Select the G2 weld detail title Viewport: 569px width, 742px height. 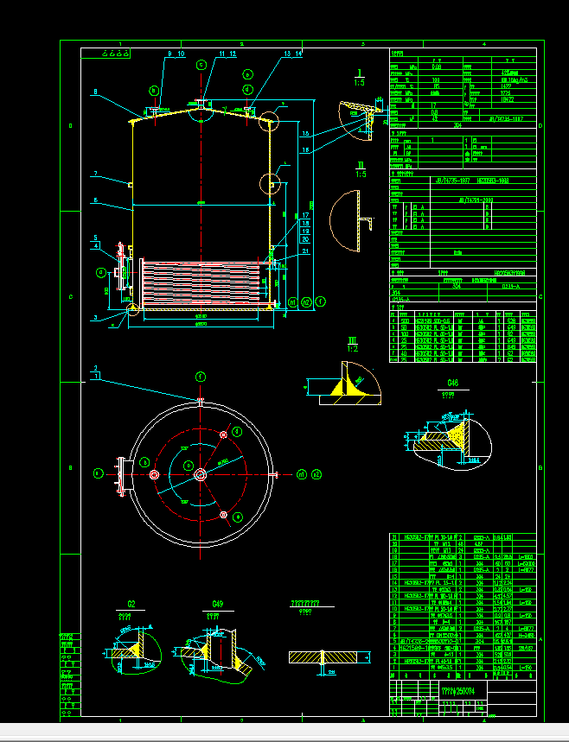tap(131, 604)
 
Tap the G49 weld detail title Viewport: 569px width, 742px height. tap(217, 604)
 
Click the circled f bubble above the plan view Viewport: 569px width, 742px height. tap(201, 377)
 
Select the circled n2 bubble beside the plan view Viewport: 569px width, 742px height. tap(316, 474)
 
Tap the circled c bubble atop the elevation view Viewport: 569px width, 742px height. tap(201, 65)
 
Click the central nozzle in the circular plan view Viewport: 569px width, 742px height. tap(201, 473)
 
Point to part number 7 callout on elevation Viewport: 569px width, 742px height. tap(96, 174)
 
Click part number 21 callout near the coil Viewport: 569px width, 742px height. tap(306, 251)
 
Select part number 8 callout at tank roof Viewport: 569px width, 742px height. tap(96, 92)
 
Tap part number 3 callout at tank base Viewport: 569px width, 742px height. tap(96, 318)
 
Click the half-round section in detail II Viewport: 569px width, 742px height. tap(346, 221)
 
